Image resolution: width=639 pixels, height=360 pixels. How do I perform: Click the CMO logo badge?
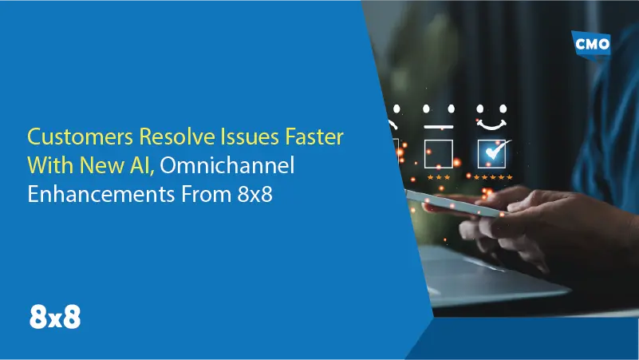tap(593, 44)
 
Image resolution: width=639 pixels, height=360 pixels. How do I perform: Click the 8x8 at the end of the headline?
tap(255, 195)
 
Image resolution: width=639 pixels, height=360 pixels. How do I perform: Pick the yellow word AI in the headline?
tap(143, 165)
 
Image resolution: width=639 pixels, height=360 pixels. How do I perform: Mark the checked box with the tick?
tap(490, 152)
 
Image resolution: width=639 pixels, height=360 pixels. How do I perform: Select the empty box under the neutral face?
tap(439, 153)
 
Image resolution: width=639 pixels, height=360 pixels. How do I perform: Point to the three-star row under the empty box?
tap(439, 176)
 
